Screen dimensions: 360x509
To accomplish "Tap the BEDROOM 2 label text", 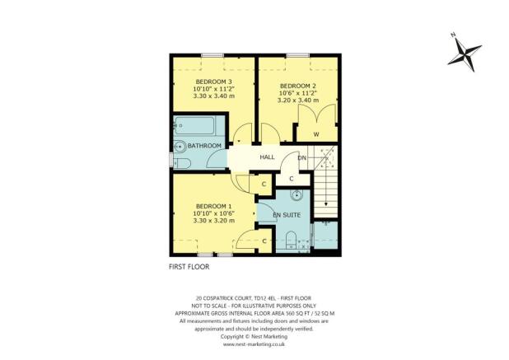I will (x=298, y=86).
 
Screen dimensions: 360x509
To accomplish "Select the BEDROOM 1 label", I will (x=213, y=205).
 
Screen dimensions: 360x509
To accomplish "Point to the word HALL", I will (x=267, y=157).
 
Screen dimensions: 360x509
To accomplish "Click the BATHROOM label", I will (x=204, y=146).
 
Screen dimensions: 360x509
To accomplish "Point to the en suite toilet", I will (x=291, y=240).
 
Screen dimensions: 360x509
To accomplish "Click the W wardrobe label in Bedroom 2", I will (x=315, y=134).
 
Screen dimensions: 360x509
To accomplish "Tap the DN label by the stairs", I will (x=302, y=157).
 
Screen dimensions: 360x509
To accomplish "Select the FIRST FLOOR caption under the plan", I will (x=189, y=267).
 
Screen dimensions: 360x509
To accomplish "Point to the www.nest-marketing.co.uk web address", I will (x=254, y=344).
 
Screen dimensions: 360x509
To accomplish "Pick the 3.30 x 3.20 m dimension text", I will (x=213, y=220).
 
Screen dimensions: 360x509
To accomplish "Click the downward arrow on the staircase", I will (x=326, y=203).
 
